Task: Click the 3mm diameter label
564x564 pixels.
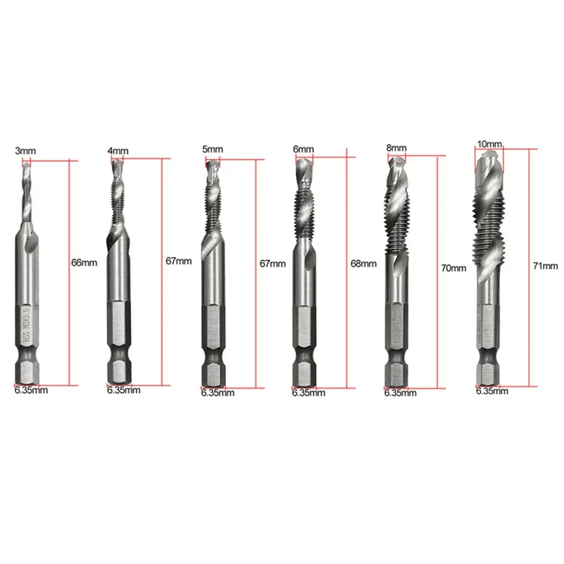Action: point(26,151)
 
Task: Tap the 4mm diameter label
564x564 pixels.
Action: point(118,151)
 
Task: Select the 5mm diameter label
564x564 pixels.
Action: point(212,149)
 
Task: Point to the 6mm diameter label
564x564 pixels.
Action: point(303,149)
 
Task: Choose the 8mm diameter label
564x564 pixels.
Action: point(396,148)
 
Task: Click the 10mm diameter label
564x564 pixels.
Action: point(490,144)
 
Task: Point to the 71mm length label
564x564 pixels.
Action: point(546,266)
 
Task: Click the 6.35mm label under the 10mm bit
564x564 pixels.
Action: point(492,391)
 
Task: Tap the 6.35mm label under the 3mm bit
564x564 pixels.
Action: point(31,390)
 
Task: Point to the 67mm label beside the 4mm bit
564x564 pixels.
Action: point(179,261)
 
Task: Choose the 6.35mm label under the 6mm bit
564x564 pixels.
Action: point(308,393)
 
